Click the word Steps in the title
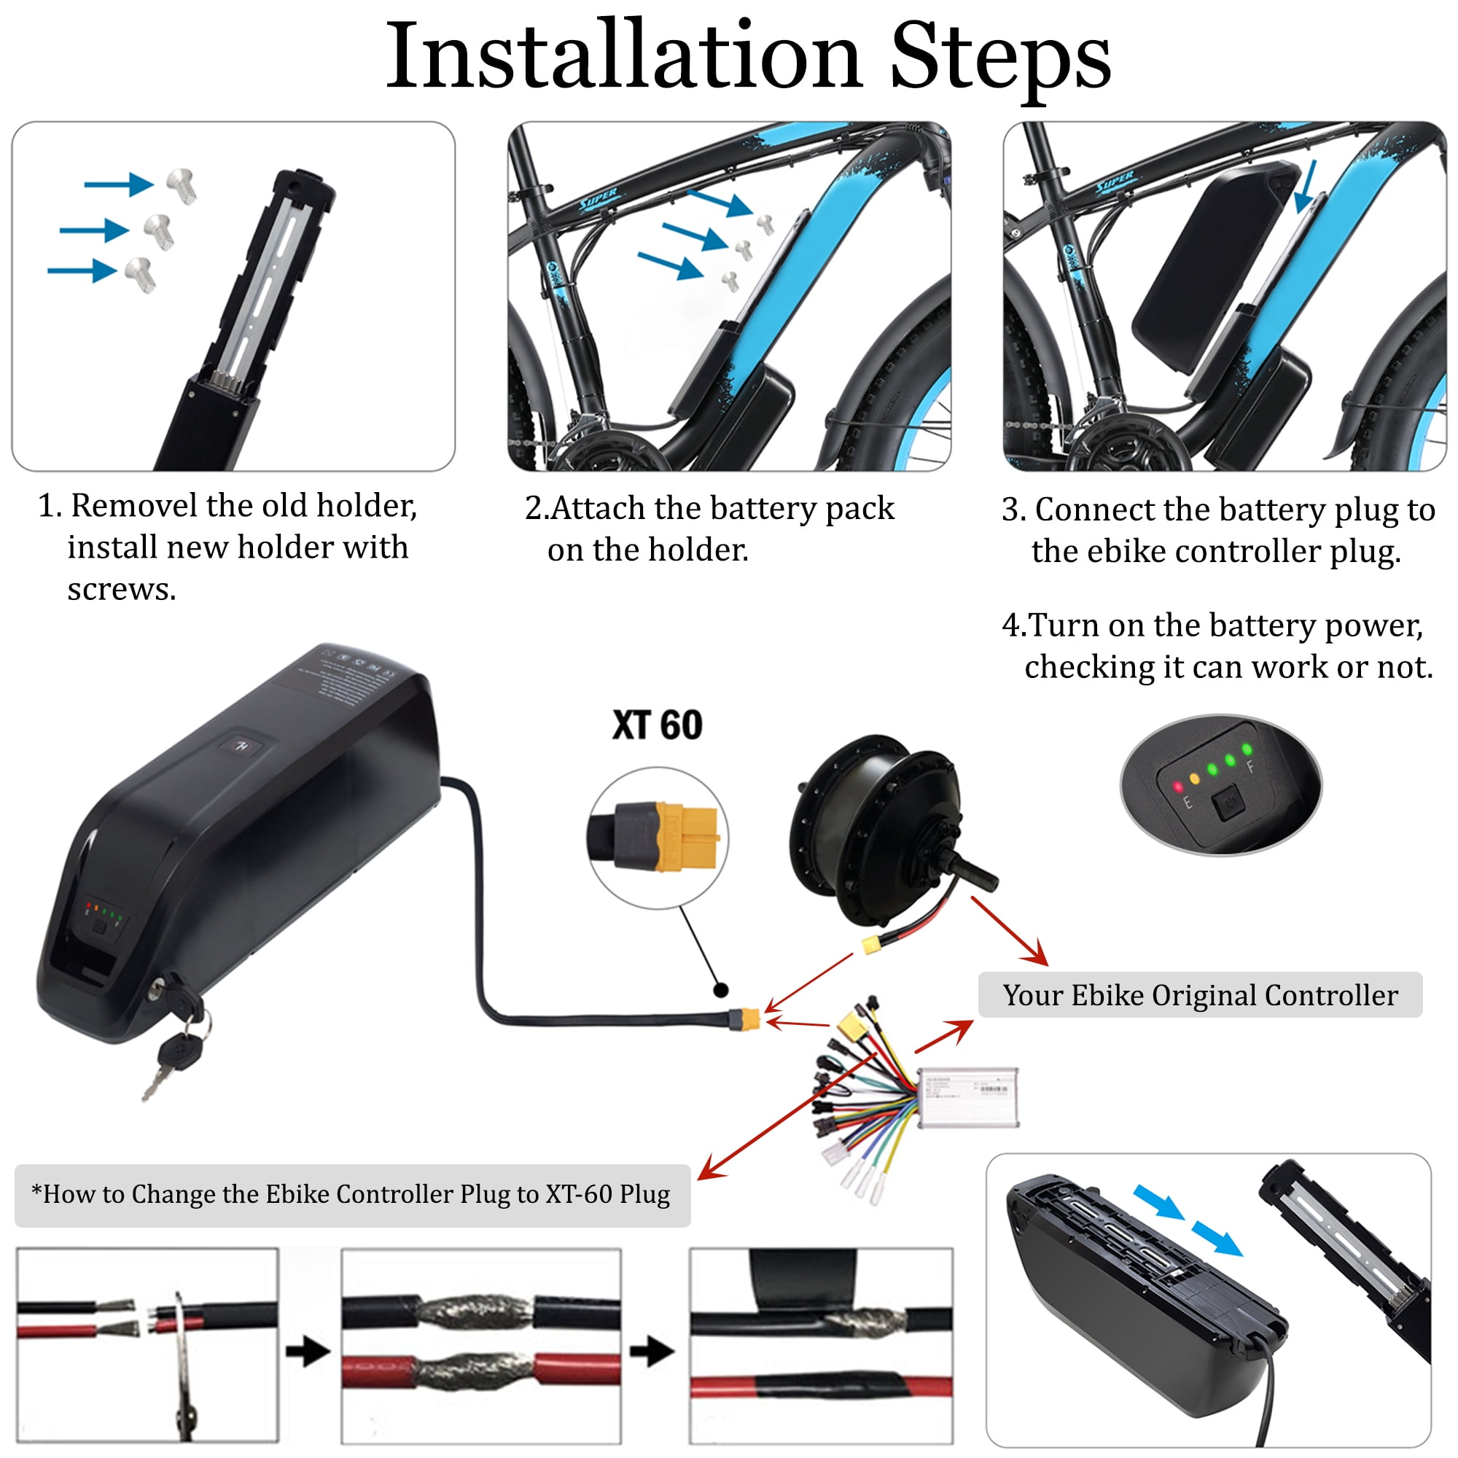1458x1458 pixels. pos(999,58)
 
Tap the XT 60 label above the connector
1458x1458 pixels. pos(657,725)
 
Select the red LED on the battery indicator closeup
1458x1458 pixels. pos(1178,787)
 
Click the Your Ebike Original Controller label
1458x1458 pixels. pos(1200,994)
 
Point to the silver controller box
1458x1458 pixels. pos(968,1096)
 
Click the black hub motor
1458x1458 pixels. pos(876,830)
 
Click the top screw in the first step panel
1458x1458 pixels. pos(181,185)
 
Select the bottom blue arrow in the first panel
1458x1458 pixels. pos(82,270)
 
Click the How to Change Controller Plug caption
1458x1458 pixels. pos(351,1194)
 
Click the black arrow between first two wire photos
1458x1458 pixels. pos(308,1351)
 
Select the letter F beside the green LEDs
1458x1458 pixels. pos(1250,767)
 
